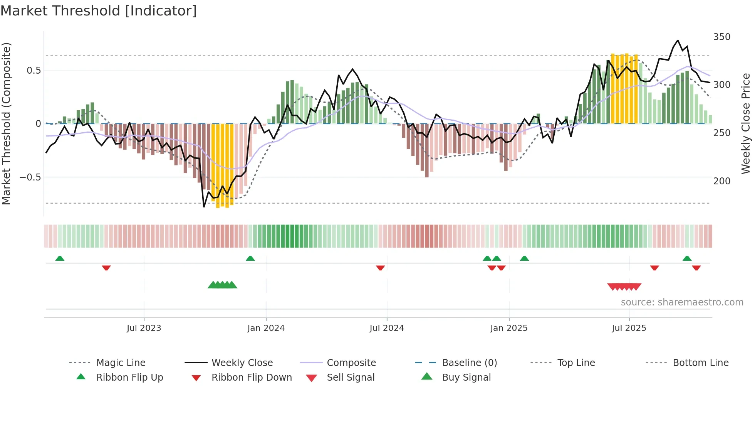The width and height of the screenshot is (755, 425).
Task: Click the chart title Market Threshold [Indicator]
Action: pyautogui.click(x=99, y=11)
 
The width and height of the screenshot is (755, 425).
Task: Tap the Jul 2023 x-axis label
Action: pyautogui.click(x=144, y=328)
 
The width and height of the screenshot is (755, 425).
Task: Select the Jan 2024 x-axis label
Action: pyautogui.click(x=266, y=328)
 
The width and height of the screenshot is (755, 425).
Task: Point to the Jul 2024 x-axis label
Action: pyautogui.click(x=387, y=328)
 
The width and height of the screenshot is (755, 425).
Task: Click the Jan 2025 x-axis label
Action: pyautogui.click(x=509, y=328)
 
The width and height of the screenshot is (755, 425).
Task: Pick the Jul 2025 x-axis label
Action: pyautogui.click(x=629, y=328)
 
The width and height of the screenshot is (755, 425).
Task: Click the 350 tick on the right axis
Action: pyautogui.click(x=721, y=37)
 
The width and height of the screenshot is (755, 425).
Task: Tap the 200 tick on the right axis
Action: pyautogui.click(x=721, y=181)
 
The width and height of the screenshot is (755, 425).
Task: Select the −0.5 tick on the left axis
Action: pyautogui.click(x=30, y=177)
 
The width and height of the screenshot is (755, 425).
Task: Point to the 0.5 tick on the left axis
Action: pyautogui.click(x=34, y=70)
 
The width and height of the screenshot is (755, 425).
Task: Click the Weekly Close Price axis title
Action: pyautogui.click(x=746, y=123)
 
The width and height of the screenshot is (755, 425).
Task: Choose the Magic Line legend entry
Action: pyautogui.click(x=121, y=363)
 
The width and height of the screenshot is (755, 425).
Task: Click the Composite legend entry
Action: pyautogui.click(x=351, y=363)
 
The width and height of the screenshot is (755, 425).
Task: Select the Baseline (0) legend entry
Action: pyautogui.click(x=469, y=363)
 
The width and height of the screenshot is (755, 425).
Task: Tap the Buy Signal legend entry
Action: pyautogui.click(x=466, y=378)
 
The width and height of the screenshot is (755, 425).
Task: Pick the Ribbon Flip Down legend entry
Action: pyautogui.click(x=252, y=378)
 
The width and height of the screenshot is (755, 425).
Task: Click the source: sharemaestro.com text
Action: pyautogui.click(x=682, y=302)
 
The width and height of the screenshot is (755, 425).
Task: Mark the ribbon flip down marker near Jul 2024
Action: pyautogui.click(x=380, y=268)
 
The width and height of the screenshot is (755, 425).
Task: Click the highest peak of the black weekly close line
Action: pyautogui.click(x=678, y=40)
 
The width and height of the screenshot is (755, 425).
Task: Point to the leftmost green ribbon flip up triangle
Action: pyautogui.click(x=60, y=258)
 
